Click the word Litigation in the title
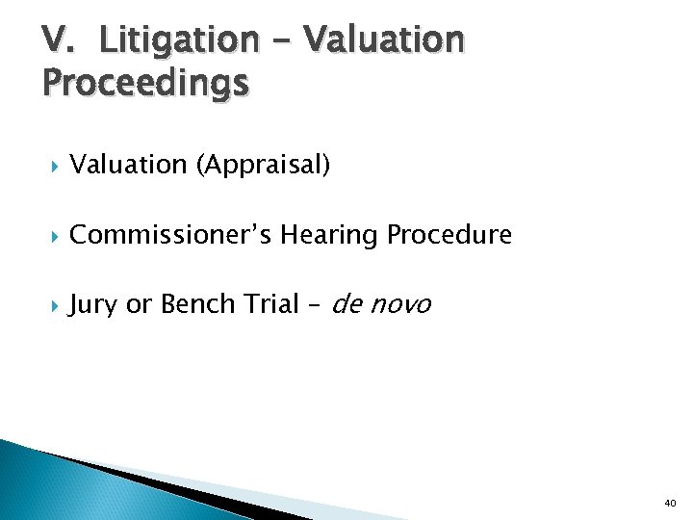(x=179, y=40)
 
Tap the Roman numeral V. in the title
(x=59, y=40)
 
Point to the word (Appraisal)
(x=263, y=166)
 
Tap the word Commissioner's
(x=174, y=235)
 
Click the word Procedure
(x=450, y=234)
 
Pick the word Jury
(x=93, y=305)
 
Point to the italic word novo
(x=400, y=305)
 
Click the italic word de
(x=347, y=304)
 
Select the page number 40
(x=670, y=504)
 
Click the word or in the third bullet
(x=139, y=305)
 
